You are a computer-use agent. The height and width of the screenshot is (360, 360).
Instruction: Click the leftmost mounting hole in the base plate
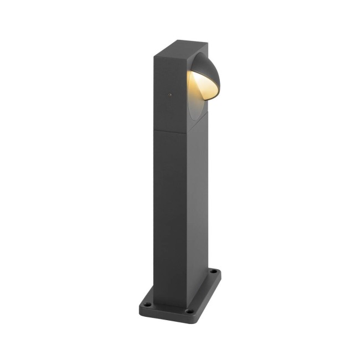pos(147,303)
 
